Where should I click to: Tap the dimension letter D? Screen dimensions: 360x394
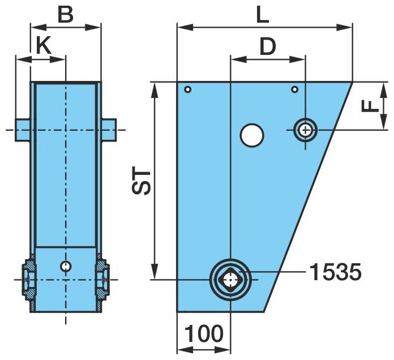click(x=267, y=46)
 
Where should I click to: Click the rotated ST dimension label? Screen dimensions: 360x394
click(x=143, y=181)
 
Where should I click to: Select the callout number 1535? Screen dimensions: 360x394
click(x=335, y=272)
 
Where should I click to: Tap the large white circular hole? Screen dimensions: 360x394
click(x=252, y=135)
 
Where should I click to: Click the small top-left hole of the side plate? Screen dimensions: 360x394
click(x=188, y=89)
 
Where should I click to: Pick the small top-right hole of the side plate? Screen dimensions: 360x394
click(x=294, y=89)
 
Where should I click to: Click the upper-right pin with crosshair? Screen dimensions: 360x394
click(x=306, y=130)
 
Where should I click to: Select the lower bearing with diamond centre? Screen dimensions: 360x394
click(x=230, y=279)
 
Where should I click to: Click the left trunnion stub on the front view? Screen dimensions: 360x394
click(x=23, y=130)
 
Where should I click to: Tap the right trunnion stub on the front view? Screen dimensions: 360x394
click(x=109, y=130)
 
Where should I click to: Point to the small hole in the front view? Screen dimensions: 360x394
click(x=66, y=265)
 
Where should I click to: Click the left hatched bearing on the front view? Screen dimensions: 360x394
click(x=28, y=278)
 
